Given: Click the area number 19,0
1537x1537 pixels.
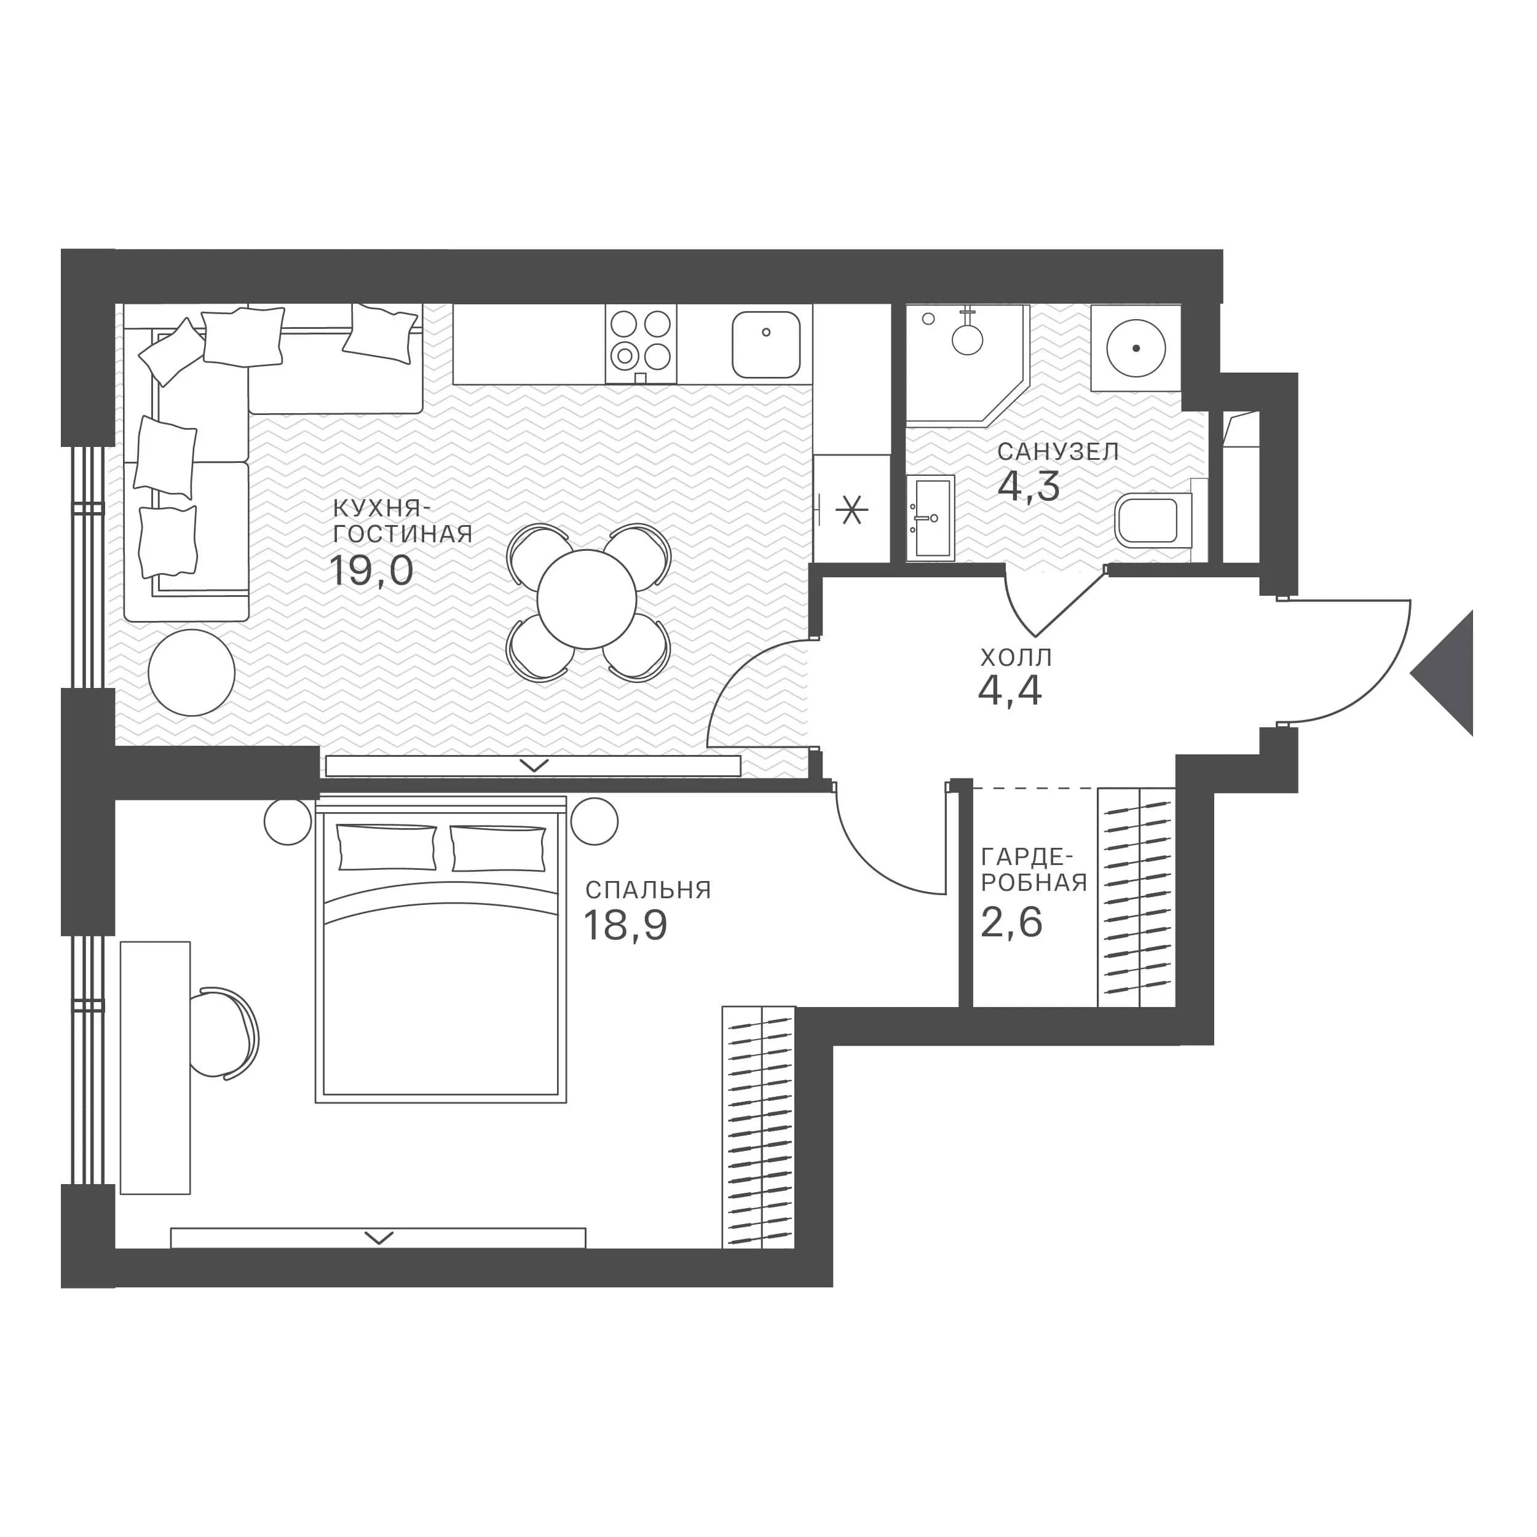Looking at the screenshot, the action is click(371, 571).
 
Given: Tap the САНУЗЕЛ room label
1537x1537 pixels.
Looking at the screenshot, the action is click(1058, 452).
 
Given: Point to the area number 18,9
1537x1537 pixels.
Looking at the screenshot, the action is click(625, 925).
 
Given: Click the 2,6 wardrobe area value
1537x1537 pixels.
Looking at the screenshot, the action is click(1011, 923).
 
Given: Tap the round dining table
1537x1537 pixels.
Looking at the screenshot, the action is click(587, 599).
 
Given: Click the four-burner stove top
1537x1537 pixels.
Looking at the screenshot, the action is click(641, 344).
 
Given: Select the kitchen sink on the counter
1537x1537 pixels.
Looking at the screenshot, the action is click(766, 344).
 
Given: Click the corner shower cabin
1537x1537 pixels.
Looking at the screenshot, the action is click(967, 362).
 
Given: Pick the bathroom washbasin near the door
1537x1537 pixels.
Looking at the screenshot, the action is click(930, 518).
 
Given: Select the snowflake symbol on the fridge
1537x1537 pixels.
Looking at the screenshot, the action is click(851, 509).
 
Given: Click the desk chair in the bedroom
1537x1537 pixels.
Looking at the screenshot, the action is click(227, 1034).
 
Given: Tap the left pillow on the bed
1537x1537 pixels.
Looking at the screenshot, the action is click(387, 847).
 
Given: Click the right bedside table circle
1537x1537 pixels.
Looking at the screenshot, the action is click(593, 820).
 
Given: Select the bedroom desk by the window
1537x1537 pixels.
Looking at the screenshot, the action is click(155, 1069).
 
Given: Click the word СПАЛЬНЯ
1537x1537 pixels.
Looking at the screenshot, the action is click(647, 890).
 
